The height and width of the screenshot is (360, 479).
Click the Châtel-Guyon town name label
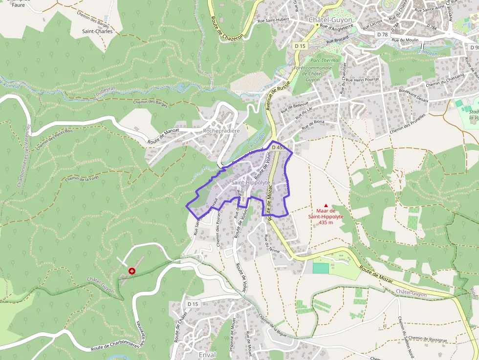330,20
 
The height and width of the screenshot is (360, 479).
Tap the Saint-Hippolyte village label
251,183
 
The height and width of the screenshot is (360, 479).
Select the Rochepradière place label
221,131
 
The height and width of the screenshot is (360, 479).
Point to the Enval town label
207,355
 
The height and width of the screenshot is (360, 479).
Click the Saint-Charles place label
97,31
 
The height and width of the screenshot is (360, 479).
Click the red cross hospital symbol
131,271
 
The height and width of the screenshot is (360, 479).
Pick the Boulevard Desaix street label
414,96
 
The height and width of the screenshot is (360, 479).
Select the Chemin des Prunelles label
408,123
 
